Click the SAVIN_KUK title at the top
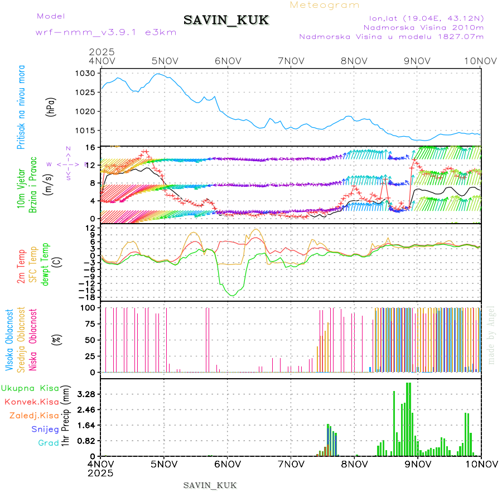(x=226, y=21)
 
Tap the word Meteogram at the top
(x=325, y=5)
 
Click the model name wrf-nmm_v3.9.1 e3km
(x=106, y=32)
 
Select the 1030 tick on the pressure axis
(x=89, y=73)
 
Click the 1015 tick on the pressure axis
(x=89, y=131)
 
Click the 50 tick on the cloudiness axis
(x=92, y=340)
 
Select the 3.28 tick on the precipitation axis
(x=86, y=394)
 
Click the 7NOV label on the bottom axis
(x=291, y=464)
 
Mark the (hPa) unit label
(x=51, y=107)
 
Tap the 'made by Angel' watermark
(x=491, y=335)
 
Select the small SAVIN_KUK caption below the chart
(x=210, y=485)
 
